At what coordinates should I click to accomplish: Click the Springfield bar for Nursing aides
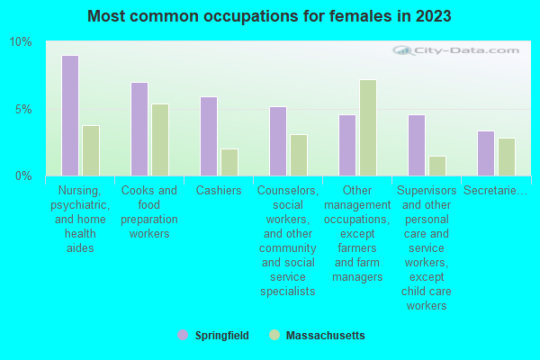tap(70, 115)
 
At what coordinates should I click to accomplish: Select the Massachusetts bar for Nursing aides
tap(91, 150)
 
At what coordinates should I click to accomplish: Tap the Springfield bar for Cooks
tap(139, 129)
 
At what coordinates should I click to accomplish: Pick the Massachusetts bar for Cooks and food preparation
tap(160, 139)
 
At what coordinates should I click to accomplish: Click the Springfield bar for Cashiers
tap(209, 136)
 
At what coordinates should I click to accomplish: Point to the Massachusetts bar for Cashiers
tap(229, 162)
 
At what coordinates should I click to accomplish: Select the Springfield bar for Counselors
tap(278, 141)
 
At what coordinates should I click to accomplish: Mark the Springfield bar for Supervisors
tap(417, 145)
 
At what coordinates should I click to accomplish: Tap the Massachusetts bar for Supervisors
tap(437, 166)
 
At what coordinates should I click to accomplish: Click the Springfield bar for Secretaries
tap(486, 153)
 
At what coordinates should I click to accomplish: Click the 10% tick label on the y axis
tap(20, 42)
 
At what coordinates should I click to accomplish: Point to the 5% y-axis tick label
tap(22, 109)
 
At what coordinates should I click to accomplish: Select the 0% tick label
tap(22, 175)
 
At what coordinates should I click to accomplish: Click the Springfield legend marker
tap(183, 335)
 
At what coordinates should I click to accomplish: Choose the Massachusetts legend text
tap(325, 336)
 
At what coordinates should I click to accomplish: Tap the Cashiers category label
tap(219, 191)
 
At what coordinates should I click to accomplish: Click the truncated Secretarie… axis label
tap(494, 191)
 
